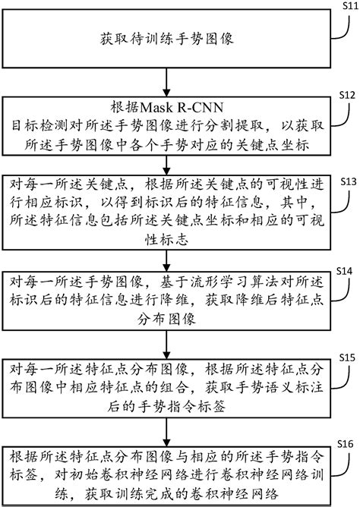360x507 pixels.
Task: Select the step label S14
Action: click(x=345, y=269)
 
